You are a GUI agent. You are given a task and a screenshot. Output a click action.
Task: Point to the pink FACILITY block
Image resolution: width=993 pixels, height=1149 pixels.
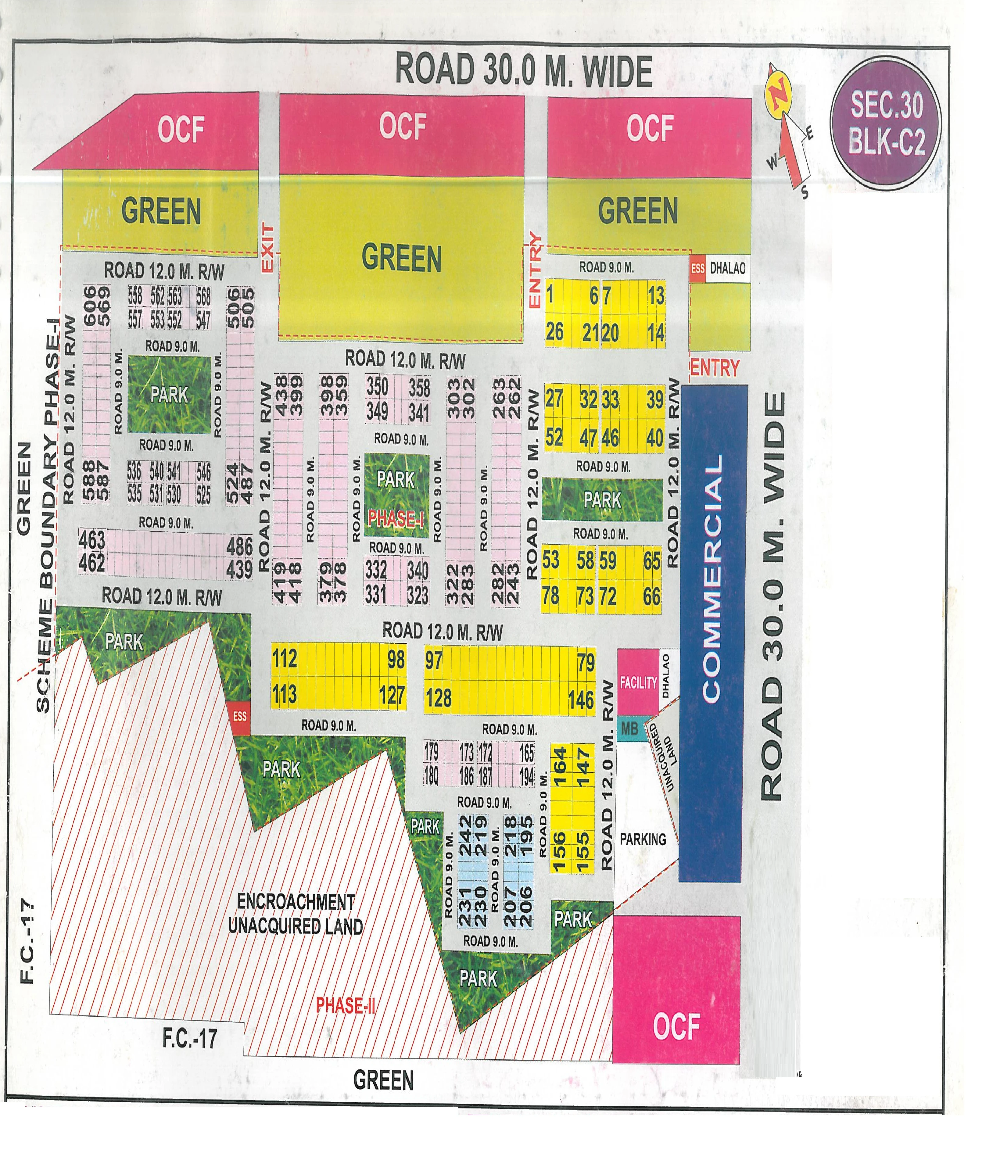pyautogui.click(x=638, y=682)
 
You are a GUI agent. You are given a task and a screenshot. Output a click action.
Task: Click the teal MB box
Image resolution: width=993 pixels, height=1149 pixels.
pyautogui.click(x=629, y=728)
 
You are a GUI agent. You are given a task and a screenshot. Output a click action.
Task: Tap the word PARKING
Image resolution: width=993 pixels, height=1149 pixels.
pyautogui.click(x=642, y=839)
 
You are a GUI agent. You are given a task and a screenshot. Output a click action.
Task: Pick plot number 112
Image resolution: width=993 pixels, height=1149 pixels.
pyautogui.click(x=285, y=659)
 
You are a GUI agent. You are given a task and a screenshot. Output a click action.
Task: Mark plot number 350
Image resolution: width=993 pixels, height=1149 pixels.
pyautogui.click(x=377, y=387)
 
